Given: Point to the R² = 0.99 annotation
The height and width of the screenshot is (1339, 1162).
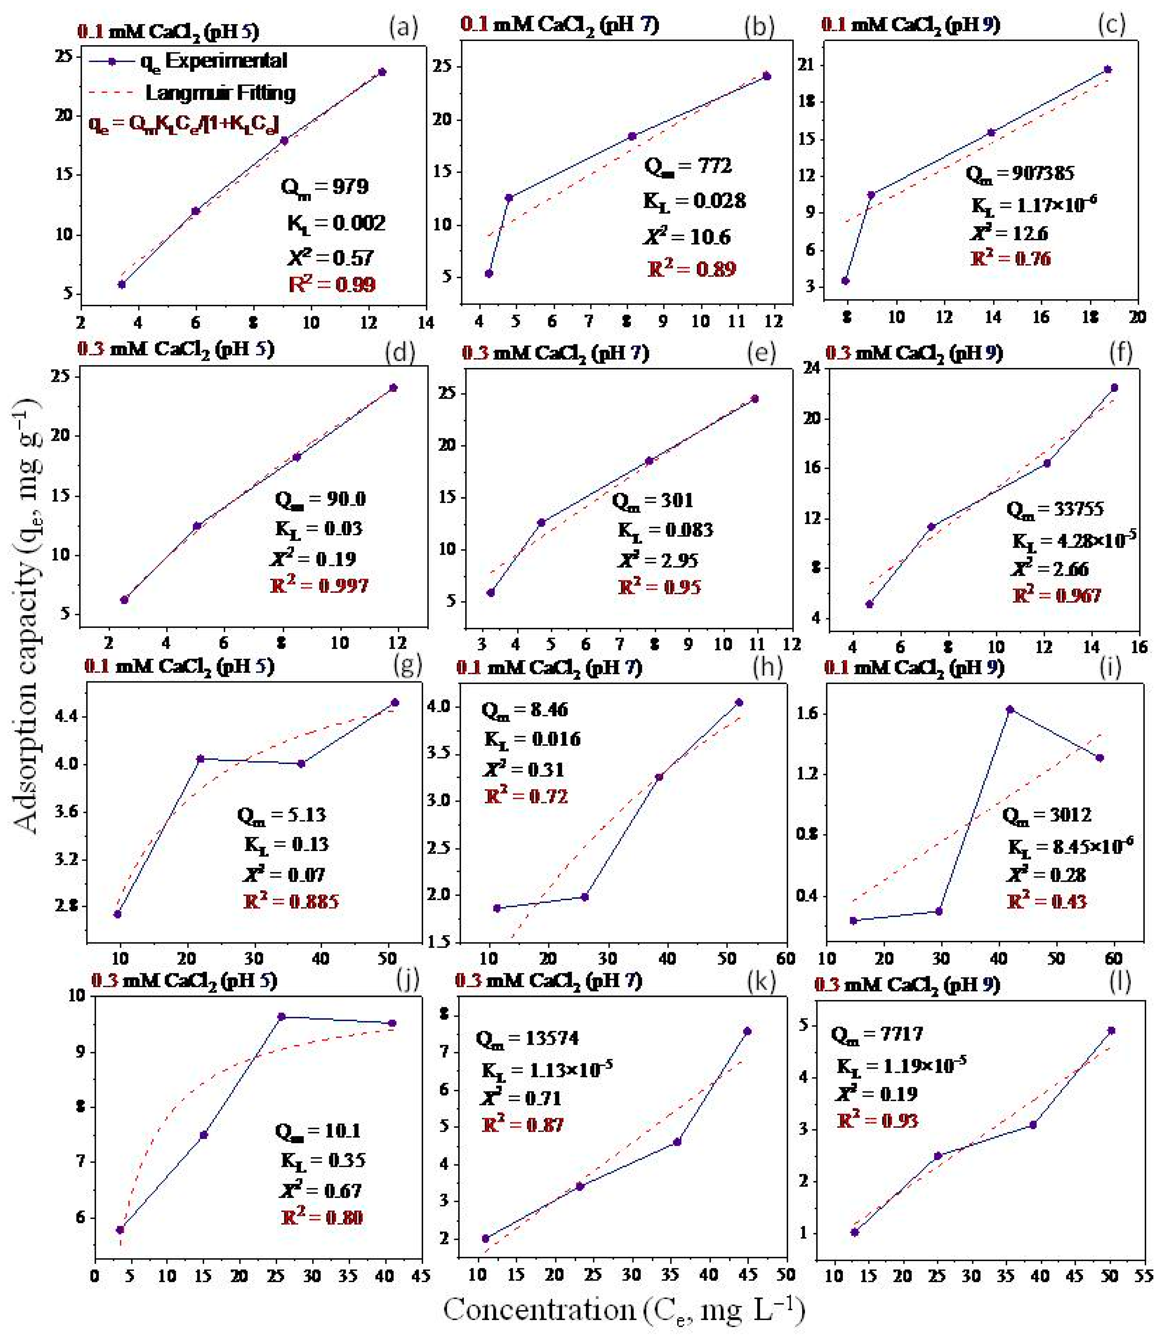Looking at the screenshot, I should coord(332,284).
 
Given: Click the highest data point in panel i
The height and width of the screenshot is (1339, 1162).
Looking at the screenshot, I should coord(1010,710).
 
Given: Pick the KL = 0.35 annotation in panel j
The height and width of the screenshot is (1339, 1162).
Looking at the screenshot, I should coord(323,1160).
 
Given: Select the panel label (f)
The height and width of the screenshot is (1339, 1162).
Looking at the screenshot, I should coord(1120,353).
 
